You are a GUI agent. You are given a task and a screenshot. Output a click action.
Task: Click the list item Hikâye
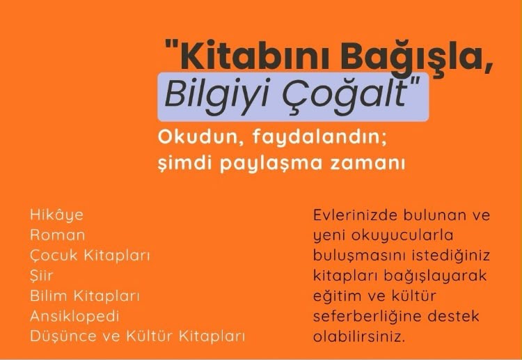[x=56, y=214]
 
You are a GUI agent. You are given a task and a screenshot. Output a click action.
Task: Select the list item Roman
[x=57, y=235]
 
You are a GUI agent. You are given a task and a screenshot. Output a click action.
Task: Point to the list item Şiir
[x=41, y=276]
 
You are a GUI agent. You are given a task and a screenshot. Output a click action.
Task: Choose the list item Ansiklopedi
[x=74, y=316]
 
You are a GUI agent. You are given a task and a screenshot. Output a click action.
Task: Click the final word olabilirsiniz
[x=359, y=336]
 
